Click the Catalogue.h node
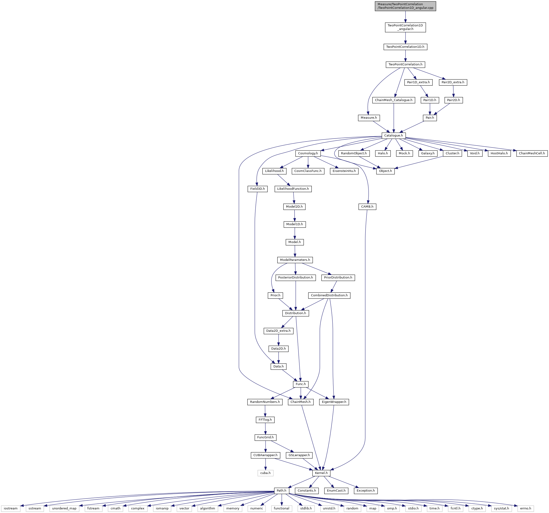[394, 136]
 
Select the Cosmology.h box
[308, 153]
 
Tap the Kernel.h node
[321, 473]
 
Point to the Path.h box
[282, 491]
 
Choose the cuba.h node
[265, 473]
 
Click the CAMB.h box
[367, 206]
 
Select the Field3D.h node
[257, 189]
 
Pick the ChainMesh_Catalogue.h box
[394, 100]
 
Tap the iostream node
[11, 508]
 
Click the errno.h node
[525, 508]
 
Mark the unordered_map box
[64, 508]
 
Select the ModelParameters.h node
[295, 260]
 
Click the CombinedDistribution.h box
[329, 295]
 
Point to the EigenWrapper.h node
[334, 402]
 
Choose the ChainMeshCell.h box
[532, 153]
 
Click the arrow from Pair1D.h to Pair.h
[430, 109]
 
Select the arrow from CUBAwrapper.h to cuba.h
[265, 464]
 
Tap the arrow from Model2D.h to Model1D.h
[295, 215]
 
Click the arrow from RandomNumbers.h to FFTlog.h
[265, 411]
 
